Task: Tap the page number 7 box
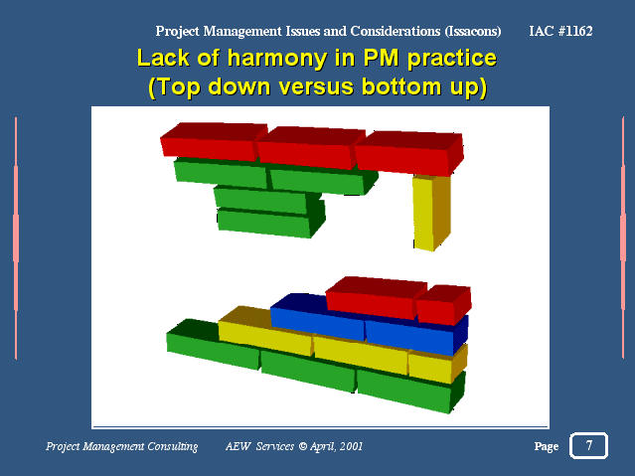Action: tap(588, 445)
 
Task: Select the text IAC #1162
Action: tap(560, 31)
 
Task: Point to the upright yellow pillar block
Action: tap(431, 213)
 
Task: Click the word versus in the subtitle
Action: tap(315, 86)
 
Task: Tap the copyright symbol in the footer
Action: tap(303, 446)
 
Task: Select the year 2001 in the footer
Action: tap(351, 446)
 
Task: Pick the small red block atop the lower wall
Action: tap(444, 304)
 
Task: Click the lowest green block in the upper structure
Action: tap(270, 222)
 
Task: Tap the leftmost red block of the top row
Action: tap(213, 142)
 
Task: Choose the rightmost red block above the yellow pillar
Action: tap(409, 153)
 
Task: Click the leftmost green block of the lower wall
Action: tap(213, 343)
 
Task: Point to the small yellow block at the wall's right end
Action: tap(437, 364)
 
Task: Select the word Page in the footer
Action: tap(547, 446)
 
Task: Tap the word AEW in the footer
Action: tap(238, 446)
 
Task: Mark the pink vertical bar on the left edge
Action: tap(16, 238)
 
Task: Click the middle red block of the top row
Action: tap(311, 147)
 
